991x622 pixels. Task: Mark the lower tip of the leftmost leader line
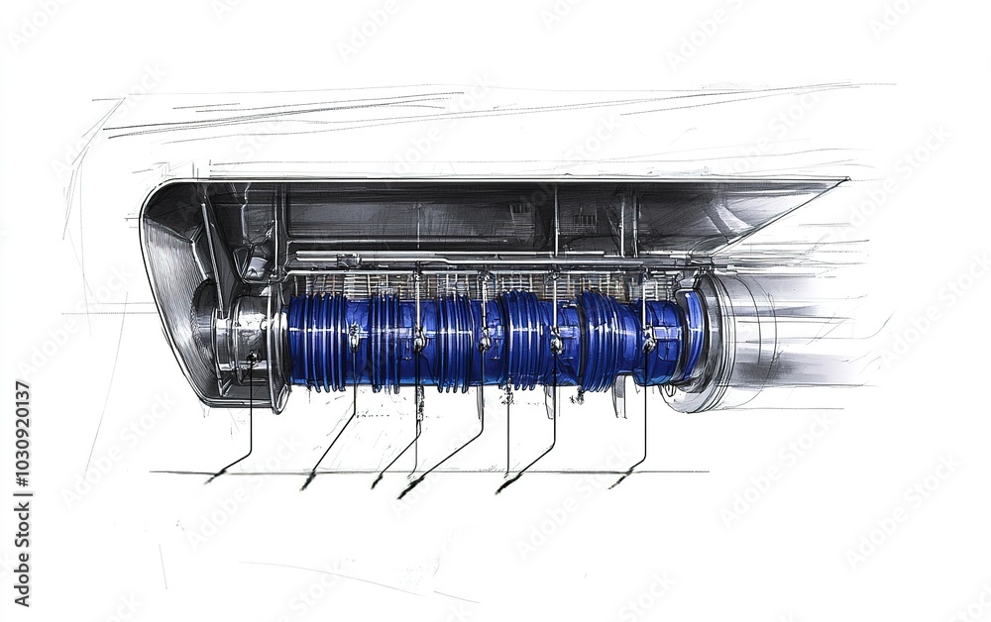pos(209,480)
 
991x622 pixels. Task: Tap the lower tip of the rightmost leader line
pos(612,485)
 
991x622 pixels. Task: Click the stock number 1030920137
pos(22,493)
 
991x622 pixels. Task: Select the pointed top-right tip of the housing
pos(846,179)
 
